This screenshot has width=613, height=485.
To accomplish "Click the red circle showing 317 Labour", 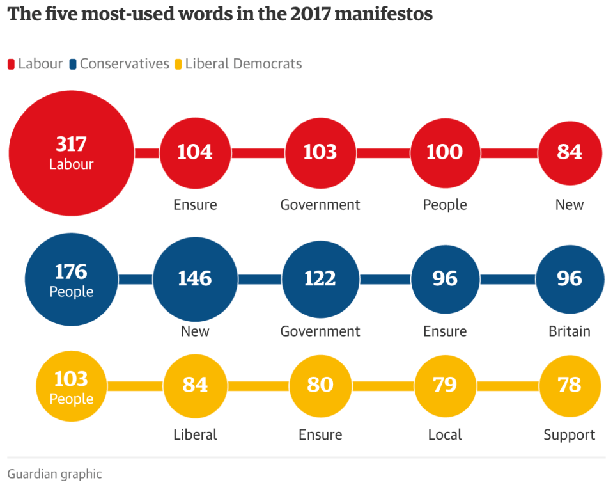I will coord(71,153).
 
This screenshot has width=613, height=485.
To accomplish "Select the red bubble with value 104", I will coord(195,152).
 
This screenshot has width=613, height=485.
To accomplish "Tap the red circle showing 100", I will coord(444,152).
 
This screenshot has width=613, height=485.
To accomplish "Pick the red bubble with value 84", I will coord(570,152).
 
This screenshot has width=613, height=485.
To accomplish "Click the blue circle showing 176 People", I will coord(71,279).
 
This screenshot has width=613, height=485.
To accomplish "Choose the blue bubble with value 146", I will coord(195,279).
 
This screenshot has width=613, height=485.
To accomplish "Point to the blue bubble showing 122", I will coord(320,279).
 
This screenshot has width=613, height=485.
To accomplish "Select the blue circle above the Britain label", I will coord(570,279).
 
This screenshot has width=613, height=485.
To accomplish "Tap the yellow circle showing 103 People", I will coord(71,386).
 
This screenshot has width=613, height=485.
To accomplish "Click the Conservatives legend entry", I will coord(124,64).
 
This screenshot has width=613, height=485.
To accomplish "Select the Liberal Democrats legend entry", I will coord(243,64).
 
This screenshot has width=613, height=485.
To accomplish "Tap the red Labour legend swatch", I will coord(11,64).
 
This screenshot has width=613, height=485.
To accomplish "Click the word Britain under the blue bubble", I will coord(570,331).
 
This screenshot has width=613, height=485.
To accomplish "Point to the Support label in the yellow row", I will coord(570,435).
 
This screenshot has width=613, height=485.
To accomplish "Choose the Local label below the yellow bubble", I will coord(444,435).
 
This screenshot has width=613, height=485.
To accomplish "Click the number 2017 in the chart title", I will coord(311,14).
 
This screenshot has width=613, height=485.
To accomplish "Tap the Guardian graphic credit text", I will coord(54,474).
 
